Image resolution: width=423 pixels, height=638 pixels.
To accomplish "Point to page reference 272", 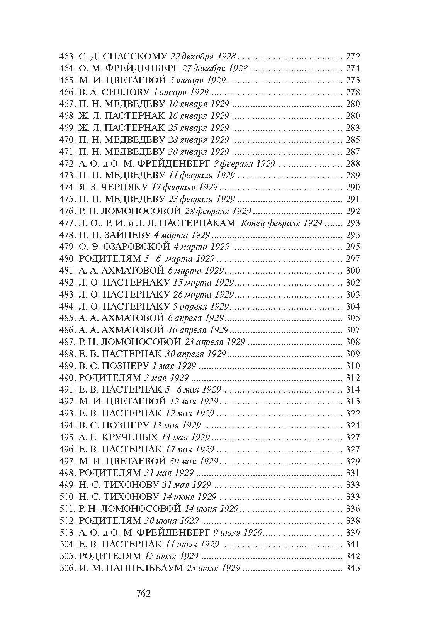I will (x=353, y=57).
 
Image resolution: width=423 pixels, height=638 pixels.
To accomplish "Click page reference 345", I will (x=353, y=568).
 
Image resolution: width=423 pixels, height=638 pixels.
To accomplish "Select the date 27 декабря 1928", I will (x=214, y=69).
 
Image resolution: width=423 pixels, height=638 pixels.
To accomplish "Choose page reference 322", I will (x=353, y=413).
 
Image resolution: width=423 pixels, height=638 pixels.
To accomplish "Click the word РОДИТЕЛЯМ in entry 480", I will (x=110, y=259).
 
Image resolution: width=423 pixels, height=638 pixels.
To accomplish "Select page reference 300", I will (x=353, y=271).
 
